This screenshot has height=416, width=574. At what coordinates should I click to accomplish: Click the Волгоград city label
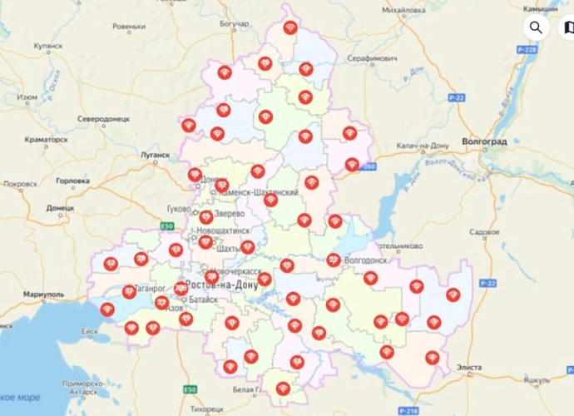click(x=484, y=142)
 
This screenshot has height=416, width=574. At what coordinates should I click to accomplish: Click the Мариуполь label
click(x=44, y=295)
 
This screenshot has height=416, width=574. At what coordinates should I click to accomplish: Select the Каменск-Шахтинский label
click(x=257, y=192)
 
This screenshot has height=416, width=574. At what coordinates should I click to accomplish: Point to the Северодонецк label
click(x=104, y=119)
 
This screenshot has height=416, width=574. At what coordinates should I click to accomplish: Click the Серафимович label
click(x=372, y=60)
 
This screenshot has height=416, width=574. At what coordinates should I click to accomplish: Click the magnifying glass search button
click(x=536, y=27)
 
